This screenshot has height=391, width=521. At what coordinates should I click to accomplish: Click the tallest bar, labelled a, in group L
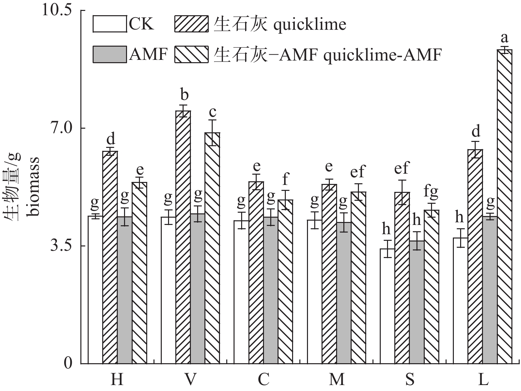504,207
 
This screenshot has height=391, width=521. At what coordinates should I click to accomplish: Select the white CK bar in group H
95,290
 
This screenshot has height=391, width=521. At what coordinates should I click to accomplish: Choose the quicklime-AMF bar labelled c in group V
212,248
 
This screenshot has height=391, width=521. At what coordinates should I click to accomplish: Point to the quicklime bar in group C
256,273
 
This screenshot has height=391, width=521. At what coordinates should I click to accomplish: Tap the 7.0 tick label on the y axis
61,128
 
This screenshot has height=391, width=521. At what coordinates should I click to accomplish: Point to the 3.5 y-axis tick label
61,246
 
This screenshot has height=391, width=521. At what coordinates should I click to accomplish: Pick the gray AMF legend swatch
109,54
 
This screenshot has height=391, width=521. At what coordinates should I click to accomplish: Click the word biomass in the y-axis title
33,187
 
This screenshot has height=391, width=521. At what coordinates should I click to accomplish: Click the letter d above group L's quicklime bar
475,132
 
